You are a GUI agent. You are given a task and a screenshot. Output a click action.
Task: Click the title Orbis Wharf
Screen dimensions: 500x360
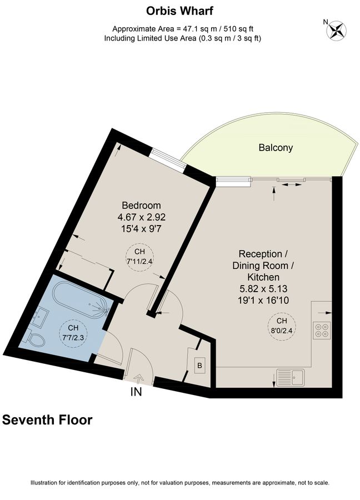179,11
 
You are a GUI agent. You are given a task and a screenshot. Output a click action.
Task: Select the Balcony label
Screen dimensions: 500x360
275,148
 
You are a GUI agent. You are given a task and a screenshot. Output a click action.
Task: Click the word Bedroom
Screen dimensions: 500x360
142,205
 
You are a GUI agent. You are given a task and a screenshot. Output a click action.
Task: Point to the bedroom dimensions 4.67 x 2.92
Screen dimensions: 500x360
142,217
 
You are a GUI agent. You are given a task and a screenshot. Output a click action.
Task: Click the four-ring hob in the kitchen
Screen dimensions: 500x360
322,330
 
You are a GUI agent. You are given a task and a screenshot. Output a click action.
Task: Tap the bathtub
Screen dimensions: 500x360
82,299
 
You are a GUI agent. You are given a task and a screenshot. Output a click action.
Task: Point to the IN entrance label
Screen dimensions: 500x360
137,392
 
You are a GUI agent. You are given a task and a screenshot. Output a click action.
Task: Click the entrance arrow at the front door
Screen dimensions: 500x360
138,379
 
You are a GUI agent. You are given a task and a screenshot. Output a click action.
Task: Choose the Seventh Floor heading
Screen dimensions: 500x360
47,420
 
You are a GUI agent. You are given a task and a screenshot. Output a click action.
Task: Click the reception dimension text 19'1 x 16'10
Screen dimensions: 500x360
263,301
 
